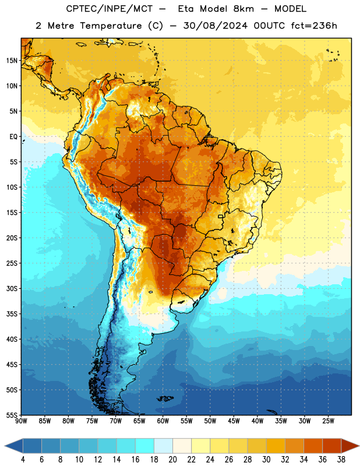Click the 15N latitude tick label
click(x=12, y=61)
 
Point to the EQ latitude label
click(x=13, y=137)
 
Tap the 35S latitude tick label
click(x=12, y=314)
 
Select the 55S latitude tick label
click(x=12, y=415)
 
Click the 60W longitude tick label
click(x=163, y=421)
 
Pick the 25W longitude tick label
click(x=328, y=421)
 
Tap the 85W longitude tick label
click(x=45, y=421)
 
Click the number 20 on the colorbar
click(x=172, y=460)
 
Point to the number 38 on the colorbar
click(x=341, y=460)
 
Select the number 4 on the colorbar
click(x=23, y=460)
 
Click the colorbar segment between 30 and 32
click(x=276, y=446)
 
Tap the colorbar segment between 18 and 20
click(x=163, y=446)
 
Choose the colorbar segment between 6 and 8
click(x=51, y=446)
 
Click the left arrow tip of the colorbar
click(x=5, y=446)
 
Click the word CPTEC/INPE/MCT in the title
click(x=110, y=9)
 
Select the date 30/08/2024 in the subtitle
click(x=215, y=26)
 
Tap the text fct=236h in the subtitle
click(x=314, y=26)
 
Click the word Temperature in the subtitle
click(x=111, y=26)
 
